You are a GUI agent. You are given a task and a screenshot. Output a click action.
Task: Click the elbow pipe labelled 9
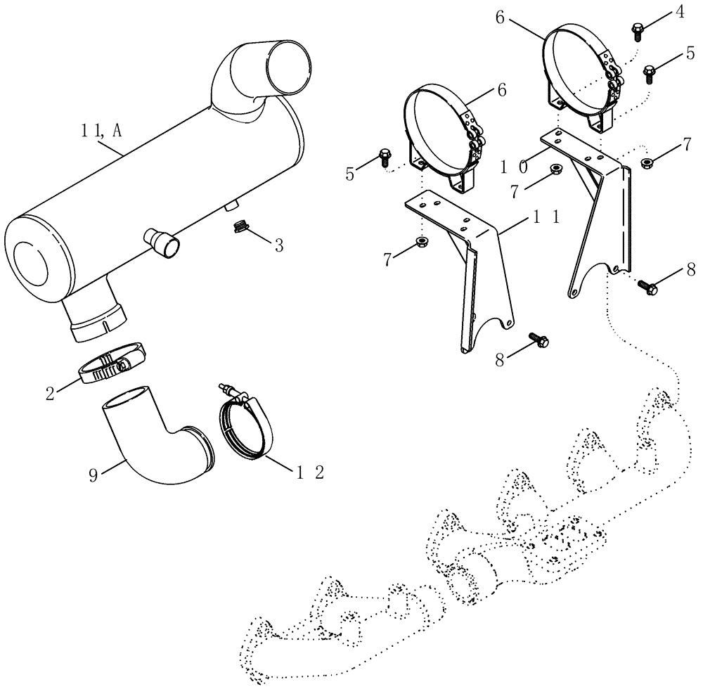[x=151, y=444]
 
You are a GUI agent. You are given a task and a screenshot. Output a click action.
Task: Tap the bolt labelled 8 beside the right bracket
[x=647, y=286]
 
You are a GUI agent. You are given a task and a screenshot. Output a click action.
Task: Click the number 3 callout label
[x=278, y=245]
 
